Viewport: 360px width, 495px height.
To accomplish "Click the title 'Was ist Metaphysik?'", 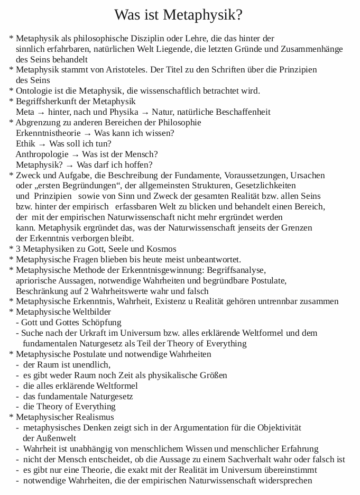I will click(x=179, y=15).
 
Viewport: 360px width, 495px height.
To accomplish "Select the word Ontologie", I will click(x=35, y=91).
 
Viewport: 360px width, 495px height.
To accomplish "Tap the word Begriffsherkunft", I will click(x=47, y=102).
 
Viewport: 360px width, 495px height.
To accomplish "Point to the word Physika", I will click(x=124, y=112).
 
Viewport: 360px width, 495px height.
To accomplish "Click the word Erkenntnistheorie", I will click(x=48, y=133).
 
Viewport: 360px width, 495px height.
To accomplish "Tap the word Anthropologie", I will click(x=42, y=154).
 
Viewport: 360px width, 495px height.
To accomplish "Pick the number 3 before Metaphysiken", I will click(x=19, y=249).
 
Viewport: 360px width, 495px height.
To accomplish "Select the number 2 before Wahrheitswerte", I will click(x=87, y=291).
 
